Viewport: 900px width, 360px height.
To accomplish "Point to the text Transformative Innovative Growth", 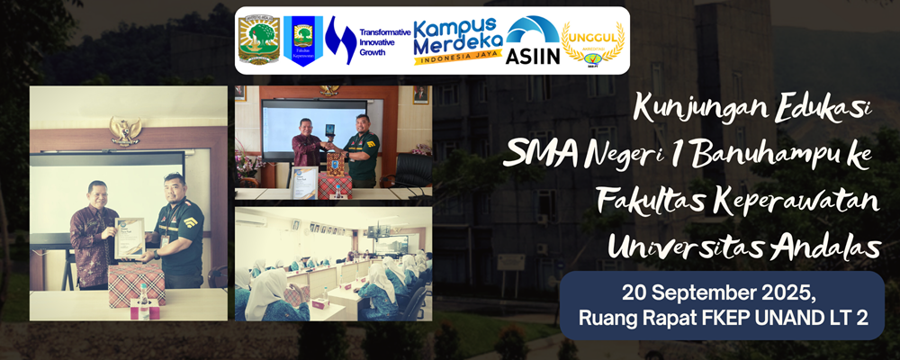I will point(384,42).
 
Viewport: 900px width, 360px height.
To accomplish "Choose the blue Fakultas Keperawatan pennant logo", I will point(302,40).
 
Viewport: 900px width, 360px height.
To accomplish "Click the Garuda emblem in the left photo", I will point(125,130).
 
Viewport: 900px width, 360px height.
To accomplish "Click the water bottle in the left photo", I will point(143,300).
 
